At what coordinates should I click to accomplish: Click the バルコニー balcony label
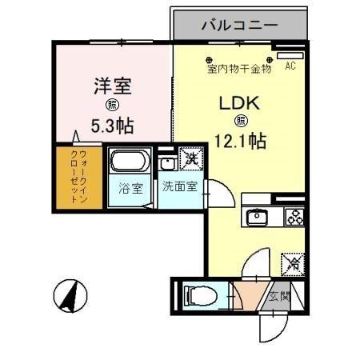pos(239,25)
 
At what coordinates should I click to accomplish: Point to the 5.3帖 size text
pos(111,125)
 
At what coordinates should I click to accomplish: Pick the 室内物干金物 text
pos(239,70)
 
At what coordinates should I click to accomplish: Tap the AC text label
pos(290,67)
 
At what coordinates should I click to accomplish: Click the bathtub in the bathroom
pos(129,162)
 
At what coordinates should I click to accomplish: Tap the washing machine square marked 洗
pos(191,158)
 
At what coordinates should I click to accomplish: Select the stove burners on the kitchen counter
pos(293,217)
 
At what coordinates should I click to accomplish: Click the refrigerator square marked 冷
pos(292,262)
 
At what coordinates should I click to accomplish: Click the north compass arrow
pos(70,298)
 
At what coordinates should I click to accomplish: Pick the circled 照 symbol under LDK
pos(240,122)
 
